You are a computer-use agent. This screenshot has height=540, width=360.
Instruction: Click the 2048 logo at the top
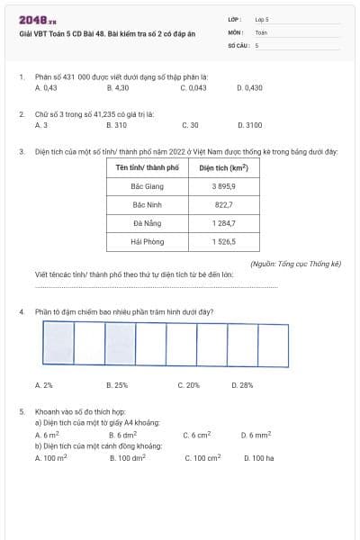click(37, 19)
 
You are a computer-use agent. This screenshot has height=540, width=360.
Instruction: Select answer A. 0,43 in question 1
click(46, 88)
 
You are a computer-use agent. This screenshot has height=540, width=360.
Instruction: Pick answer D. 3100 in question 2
click(249, 125)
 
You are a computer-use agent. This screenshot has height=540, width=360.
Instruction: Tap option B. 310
click(116, 125)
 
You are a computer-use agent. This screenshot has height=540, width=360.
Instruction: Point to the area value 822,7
click(223, 204)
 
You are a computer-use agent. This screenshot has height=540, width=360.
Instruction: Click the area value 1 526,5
click(223, 242)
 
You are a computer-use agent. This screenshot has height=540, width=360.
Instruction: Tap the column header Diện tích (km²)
click(223, 167)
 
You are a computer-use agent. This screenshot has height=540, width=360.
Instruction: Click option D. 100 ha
click(258, 458)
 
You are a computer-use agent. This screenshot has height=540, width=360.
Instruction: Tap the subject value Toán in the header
click(262, 31)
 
